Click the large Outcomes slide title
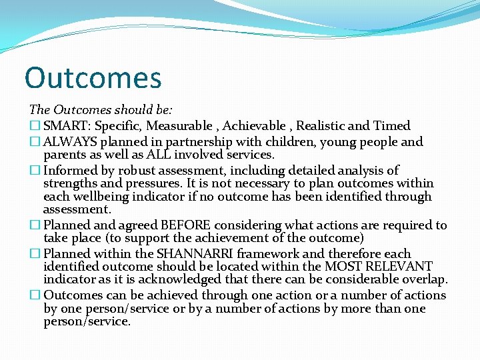[93, 77]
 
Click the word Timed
[393, 126]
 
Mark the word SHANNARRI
[183, 254]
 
